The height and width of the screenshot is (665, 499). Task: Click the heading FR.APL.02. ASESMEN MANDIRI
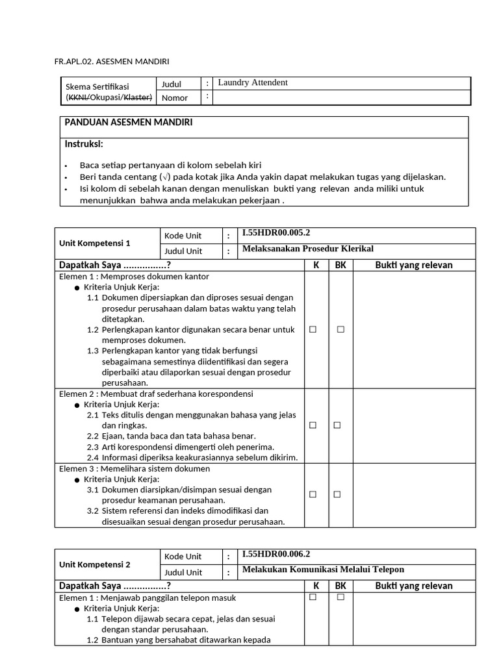[112, 62]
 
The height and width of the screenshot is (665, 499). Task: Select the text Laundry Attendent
[253, 83]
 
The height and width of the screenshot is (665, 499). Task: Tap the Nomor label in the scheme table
[175, 98]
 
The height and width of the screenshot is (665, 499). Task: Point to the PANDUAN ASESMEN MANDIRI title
[127, 123]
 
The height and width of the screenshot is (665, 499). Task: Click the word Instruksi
[84, 144]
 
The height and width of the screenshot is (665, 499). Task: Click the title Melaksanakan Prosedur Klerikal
[307, 249]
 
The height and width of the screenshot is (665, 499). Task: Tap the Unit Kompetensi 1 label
[94, 243]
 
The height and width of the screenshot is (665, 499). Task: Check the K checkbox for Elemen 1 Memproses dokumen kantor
[313, 330]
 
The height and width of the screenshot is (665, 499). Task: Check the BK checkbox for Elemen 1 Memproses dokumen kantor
[340, 330]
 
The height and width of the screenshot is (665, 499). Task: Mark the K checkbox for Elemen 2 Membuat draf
[313, 425]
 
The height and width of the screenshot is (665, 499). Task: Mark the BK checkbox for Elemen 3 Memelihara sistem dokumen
[337, 494]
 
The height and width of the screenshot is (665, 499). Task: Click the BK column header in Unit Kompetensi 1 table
[340, 265]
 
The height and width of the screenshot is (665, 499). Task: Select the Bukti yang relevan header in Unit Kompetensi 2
[413, 586]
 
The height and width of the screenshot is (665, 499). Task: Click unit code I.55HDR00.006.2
[276, 555]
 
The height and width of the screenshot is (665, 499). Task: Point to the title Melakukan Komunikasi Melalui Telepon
[323, 570]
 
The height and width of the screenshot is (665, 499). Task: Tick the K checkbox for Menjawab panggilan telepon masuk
[313, 597]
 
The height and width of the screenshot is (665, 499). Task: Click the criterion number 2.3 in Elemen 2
[92, 447]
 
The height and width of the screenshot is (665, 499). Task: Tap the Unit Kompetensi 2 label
[94, 564]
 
